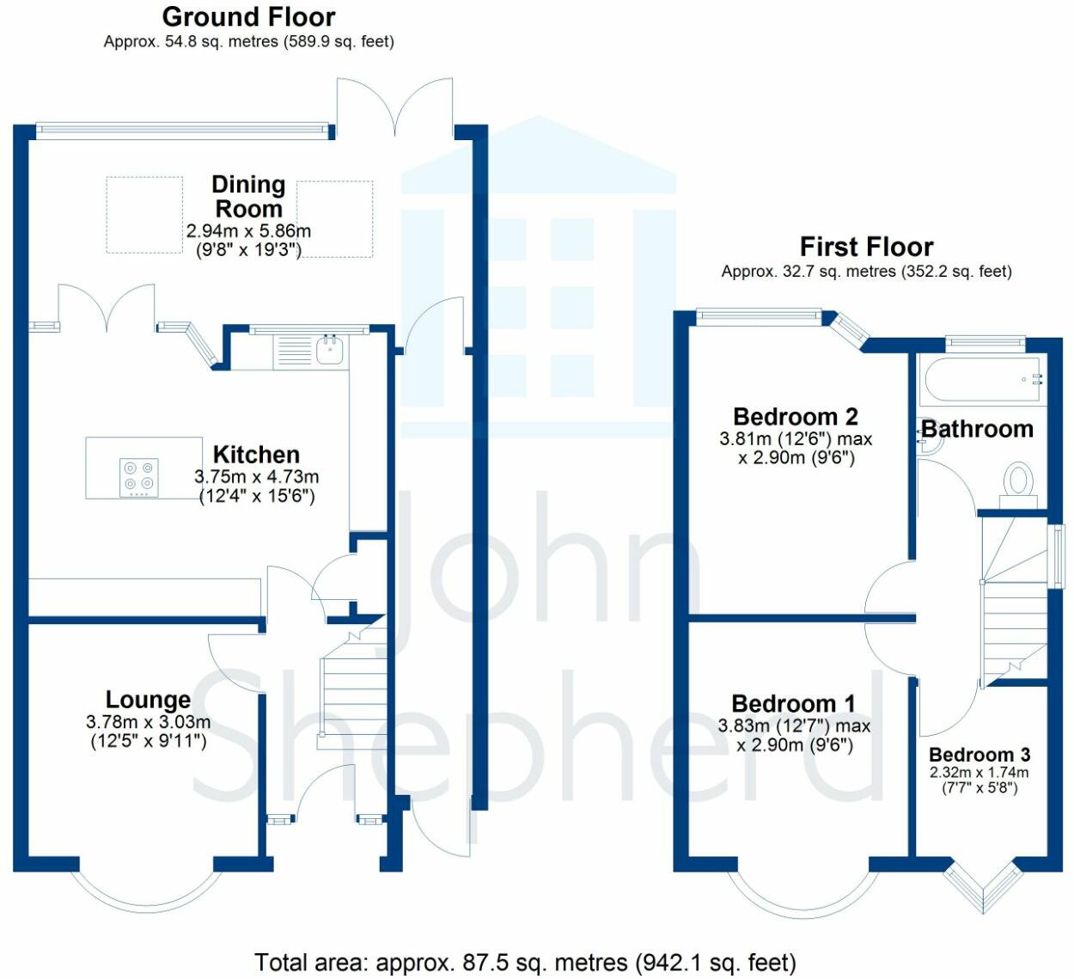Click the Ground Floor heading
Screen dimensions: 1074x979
coord(248,16)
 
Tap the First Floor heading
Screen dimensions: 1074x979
coord(866,247)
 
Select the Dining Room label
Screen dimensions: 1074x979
coord(248,197)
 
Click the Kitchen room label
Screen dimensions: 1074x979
coord(256,455)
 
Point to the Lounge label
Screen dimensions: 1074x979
coord(148,700)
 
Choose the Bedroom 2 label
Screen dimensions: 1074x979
coord(795,417)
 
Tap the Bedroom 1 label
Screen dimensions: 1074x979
coord(793,705)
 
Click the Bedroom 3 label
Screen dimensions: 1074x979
coord(979,755)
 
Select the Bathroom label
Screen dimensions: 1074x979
coord(977,429)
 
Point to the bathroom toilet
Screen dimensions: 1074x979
coord(1019,480)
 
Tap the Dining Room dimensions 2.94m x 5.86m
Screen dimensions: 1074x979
coord(248,231)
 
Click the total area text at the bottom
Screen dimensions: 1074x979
coord(525,963)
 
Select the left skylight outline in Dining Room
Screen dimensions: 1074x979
coord(144,215)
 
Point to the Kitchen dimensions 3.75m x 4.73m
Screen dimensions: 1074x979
coord(257,477)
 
